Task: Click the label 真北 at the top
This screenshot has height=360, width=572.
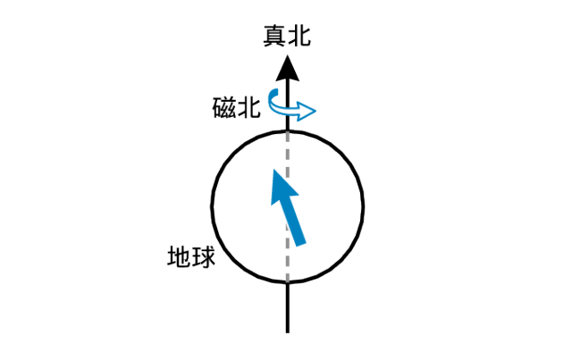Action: [286, 35]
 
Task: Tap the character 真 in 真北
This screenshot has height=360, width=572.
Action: [273, 35]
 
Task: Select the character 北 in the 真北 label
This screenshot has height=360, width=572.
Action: [299, 35]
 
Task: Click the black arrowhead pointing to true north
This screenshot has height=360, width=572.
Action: [287, 66]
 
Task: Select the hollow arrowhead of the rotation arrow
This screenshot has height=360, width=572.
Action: [307, 112]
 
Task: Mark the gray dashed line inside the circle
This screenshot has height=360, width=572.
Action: [287, 205]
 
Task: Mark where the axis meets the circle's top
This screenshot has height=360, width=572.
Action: [287, 130]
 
